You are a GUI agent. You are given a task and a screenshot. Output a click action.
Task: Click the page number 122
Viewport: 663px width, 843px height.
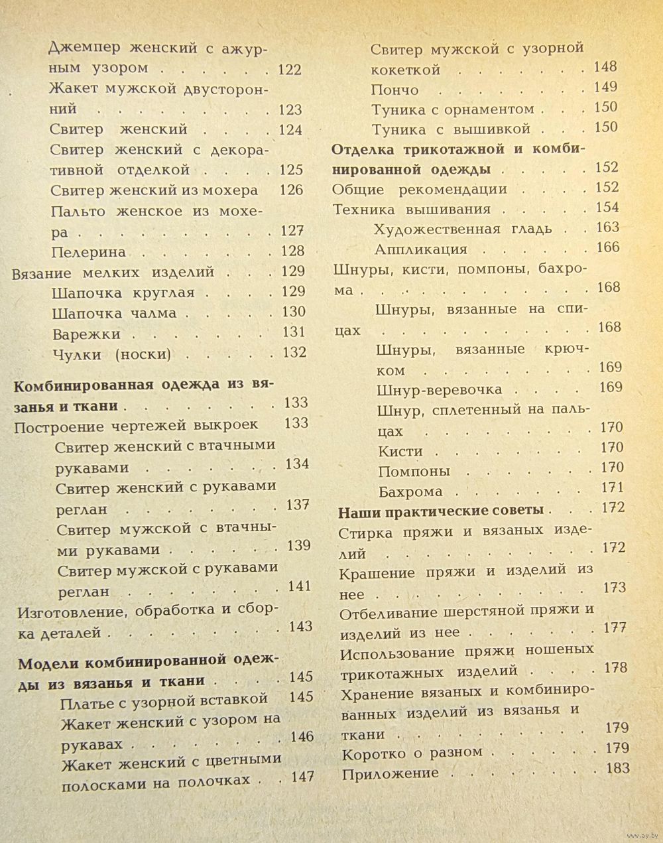pyautogui.click(x=289, y=70)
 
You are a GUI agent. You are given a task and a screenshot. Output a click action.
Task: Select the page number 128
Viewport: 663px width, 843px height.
pyautogui.click(x=292, y=251)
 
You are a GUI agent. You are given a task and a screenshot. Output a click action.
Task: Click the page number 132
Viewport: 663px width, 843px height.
pyautogui.click(x=294, y=353)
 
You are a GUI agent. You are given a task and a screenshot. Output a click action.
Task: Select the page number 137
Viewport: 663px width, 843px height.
pyautogui.click(x=298, y=505)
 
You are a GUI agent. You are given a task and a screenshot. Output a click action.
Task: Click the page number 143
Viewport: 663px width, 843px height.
pyautogui.click(x=300, y=627)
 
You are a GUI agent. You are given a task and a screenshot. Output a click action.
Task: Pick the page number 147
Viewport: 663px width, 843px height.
pyautogui.click(x=302, y=777)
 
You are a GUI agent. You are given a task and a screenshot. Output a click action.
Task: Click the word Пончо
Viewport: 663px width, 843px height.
pyautogui.click(x=395, y=90)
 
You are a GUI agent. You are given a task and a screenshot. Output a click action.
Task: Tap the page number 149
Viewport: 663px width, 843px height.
pyautogui.click(x=605, y=87)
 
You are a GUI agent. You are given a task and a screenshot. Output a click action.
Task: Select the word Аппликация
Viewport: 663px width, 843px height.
pyautogui.click(x=420, y=249)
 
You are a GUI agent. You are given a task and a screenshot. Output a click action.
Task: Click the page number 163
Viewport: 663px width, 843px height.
pyautogui.click(x=607, y=227)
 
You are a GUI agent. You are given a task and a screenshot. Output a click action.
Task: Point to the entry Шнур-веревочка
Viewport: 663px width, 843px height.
pyautogui.click(x=439, y=389)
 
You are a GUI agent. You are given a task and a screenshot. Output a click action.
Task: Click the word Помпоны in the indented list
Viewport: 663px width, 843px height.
pyautogui.click(x=414, y=472)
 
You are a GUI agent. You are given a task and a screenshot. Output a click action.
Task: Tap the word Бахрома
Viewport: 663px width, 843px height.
pyautogui.click(x=410, y=492)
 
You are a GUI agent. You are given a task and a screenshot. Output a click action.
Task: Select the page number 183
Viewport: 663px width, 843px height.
pyautogui.click(x=617, y=769)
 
